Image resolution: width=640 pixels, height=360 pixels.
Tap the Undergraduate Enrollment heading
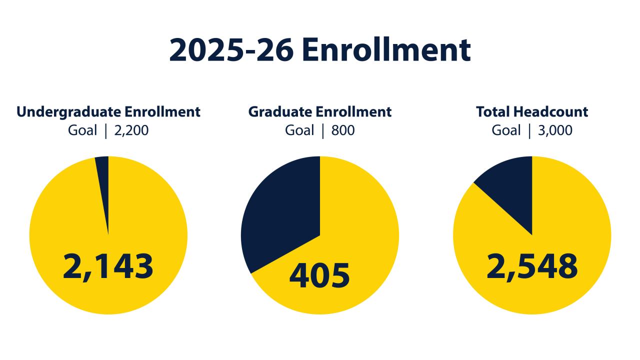108,111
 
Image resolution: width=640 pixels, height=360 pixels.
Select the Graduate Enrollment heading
320,111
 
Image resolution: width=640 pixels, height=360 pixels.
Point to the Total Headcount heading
532,111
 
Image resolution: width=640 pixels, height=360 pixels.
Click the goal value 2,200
132,130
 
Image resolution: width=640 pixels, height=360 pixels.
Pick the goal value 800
342,130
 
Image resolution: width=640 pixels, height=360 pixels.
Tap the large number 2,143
108,265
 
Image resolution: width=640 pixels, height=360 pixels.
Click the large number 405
320,275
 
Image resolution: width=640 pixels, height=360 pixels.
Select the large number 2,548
532,265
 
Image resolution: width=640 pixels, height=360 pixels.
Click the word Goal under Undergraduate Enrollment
82,130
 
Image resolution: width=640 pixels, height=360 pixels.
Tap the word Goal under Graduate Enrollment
299,130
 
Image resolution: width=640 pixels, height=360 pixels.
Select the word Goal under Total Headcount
506,130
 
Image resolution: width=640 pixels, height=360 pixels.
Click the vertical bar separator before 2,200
105,131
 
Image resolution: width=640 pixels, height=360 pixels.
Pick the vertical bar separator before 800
322,131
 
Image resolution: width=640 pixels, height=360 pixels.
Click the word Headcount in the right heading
555,111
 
